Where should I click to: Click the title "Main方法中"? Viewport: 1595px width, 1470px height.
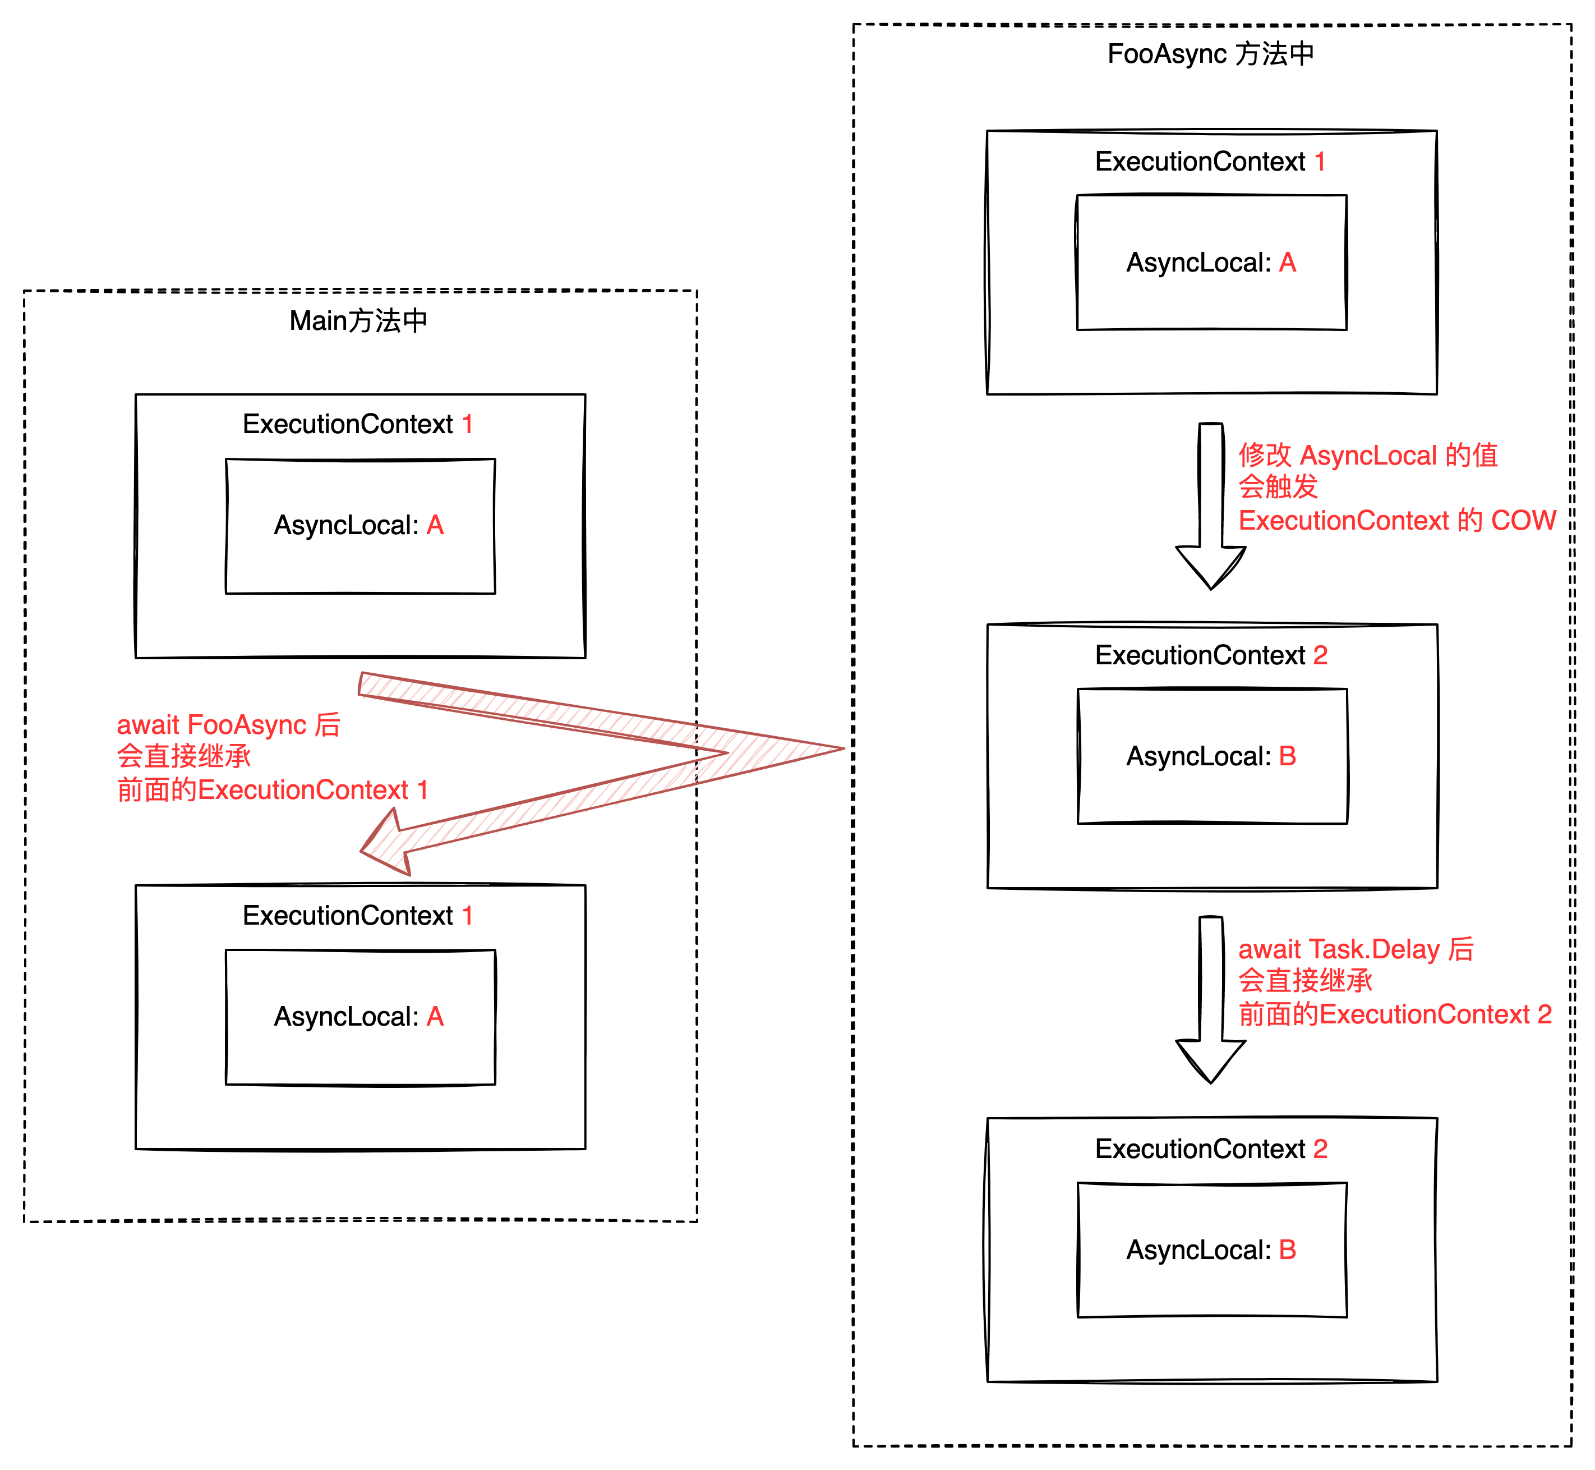358,320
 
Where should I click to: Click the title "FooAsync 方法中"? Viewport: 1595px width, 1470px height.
1210,54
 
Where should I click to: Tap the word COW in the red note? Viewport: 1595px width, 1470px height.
1523,520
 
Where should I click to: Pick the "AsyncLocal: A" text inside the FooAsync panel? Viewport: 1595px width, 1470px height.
1211,263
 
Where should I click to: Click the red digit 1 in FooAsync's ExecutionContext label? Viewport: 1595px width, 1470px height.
1320,162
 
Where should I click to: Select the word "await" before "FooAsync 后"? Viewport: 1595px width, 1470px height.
148,725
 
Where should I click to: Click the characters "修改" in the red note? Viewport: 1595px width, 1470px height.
1264,455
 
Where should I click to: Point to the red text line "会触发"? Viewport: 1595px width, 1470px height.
1278,487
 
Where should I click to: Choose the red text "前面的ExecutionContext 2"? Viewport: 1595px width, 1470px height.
1395,1014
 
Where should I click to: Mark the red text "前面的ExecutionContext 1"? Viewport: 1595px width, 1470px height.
273,790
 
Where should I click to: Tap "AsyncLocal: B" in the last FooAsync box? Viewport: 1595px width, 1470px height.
1211,1249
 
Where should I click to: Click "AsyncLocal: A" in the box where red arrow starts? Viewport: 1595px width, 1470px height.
358,525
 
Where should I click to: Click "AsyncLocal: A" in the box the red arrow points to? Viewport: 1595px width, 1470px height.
358,1017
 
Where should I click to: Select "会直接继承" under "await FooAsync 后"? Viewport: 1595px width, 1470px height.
183,756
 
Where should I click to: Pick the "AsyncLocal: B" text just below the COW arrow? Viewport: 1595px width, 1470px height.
1211,756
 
